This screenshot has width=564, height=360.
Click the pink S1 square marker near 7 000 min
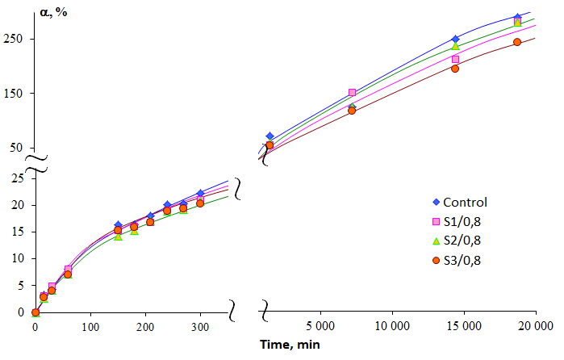[x=352, y=93]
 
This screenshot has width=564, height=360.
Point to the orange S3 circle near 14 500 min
[x=455, y=69]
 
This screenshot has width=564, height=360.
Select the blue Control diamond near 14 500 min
[x=455, y=39]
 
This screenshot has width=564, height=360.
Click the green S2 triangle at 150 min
[x=118, y=237]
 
